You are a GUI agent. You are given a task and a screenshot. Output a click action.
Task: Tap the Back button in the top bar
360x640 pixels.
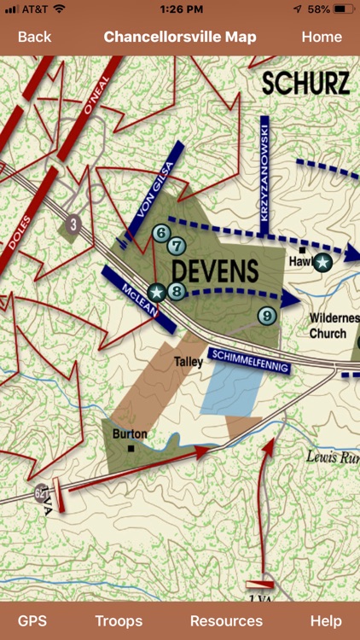[34, 37]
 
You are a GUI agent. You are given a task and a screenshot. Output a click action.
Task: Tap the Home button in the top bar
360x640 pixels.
[322, 37]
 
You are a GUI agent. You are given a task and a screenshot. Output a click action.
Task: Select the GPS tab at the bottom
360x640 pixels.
[32, 620]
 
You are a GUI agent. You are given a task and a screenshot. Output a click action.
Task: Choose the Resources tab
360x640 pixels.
[226, 620]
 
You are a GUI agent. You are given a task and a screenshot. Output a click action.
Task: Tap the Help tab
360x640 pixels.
[326, 620]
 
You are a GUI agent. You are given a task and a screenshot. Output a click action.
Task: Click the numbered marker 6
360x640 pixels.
[160, 233]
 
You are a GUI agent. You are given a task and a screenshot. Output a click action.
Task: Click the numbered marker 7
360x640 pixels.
[177, 246]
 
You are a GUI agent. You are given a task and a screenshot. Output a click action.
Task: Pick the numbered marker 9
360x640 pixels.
[267, 316]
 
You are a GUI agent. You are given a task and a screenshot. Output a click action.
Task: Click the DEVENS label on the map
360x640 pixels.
[214, 271]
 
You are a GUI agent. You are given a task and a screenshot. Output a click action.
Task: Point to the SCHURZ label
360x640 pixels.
[305, 84]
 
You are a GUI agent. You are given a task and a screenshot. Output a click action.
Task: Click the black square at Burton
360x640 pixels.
[131, 448]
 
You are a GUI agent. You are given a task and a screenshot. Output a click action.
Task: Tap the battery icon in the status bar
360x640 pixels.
[345, 9]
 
